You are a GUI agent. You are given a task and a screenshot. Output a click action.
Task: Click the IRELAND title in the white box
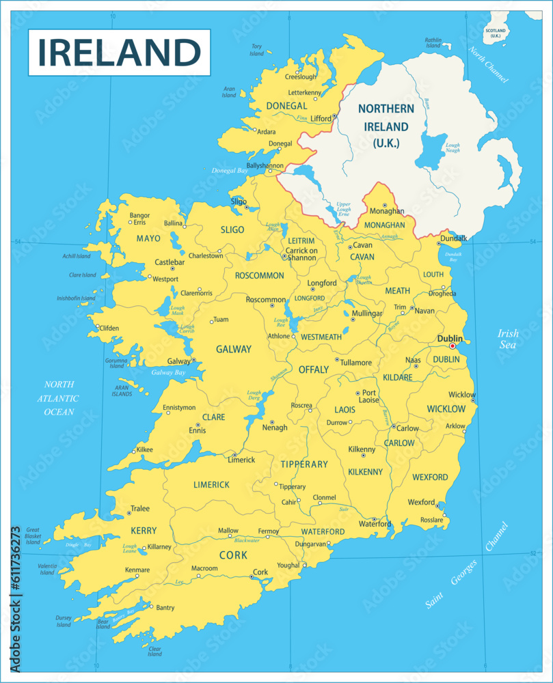[119, 52]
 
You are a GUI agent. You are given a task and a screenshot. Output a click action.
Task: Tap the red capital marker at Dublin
[452, 346]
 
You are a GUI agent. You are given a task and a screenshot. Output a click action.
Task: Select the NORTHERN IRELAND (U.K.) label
[386, 126]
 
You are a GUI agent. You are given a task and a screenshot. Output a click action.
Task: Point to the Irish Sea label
[508, 339]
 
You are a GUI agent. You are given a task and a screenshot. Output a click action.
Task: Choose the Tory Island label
[256, 50]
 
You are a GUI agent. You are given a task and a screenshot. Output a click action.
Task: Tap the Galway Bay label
[168, 373]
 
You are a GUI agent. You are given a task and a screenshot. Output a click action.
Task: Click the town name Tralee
[140, 509]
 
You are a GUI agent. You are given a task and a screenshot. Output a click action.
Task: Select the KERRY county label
[144, 531]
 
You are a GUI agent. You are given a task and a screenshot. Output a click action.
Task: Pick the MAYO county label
[148, 238]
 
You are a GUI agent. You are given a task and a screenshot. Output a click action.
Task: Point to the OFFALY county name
[314, 370]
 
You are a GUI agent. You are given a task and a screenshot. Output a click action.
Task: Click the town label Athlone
[278, 336]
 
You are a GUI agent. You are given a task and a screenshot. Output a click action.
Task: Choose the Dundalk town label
[454, 238]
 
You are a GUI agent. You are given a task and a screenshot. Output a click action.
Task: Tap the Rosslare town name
[431, 520]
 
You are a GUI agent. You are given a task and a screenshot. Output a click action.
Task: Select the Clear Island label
[155, 651]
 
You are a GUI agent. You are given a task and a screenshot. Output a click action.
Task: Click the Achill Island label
[75, 256]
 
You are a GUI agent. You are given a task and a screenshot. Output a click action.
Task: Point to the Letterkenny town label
[304, 92]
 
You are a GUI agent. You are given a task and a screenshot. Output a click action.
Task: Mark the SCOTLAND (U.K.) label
[495, 33]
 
